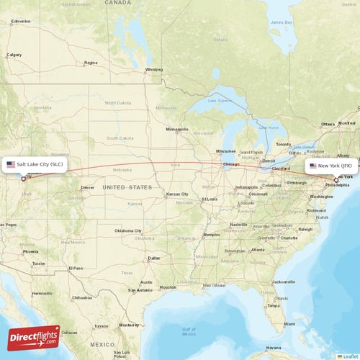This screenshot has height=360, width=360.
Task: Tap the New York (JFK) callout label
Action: [332, 166]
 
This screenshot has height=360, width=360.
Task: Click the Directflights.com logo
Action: [34, 338]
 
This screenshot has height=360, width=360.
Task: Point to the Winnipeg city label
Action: [154, 70]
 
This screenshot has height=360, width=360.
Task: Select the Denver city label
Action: [87, 187]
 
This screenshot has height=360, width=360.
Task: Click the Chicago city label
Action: [231, 164]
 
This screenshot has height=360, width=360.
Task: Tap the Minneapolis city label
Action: [177, 130]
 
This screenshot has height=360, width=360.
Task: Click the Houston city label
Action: [168, 287]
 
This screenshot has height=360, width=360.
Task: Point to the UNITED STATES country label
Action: [127, 187]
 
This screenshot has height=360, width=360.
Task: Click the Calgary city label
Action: [14, 55]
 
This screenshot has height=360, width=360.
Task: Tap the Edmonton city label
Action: [21, 22]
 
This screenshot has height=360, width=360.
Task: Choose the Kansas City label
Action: [177, 194]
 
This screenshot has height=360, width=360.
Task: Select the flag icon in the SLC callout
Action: [11, 165]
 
